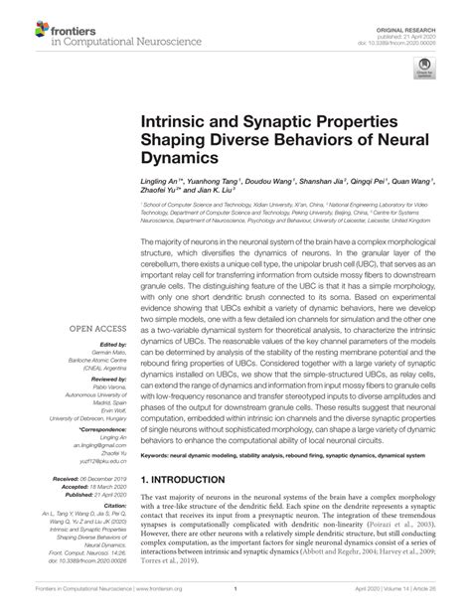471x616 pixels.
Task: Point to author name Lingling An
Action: pyautogui.click(x=162, y=184)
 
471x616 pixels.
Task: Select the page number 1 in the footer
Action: pyautogui.click(x=235, y=601)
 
